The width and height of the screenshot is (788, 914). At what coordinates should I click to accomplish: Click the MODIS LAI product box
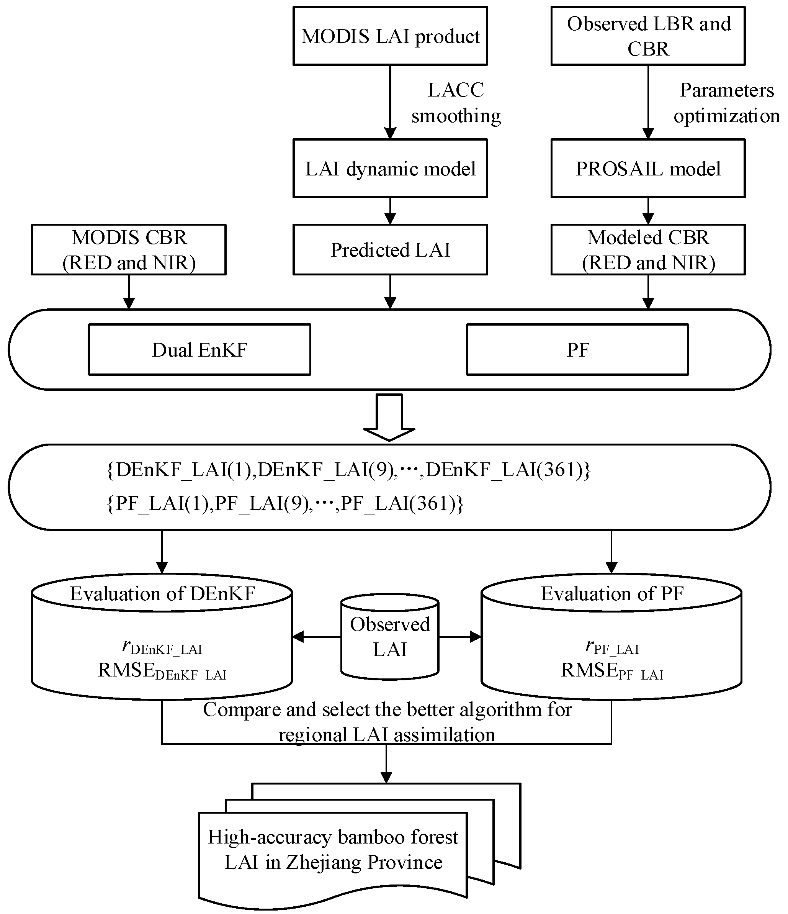(x=390, y=36)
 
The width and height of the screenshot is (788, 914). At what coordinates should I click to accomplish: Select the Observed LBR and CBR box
(x=648, y=36)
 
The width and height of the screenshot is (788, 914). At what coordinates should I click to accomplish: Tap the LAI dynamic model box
(x=390, y=169)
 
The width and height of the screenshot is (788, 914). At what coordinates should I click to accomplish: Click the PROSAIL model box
(x=648, y=169)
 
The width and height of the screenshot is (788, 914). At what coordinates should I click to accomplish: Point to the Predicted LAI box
(x=390, y=250)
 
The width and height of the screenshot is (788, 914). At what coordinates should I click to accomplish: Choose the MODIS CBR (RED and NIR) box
(x=129, y=250)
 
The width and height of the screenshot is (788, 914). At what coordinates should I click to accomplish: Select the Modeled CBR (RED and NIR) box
(x=648, y=250)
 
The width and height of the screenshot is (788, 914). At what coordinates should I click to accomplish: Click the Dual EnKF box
(x=199, y=350)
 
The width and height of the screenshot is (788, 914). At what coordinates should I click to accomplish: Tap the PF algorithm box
(x=577, y=350)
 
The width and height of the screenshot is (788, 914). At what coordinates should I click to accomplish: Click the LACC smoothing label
(x=456, y=103)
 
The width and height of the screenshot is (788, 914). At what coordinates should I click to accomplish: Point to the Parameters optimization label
(x=726, y=103)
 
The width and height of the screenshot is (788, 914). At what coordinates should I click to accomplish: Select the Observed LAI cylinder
(x=390, y=637)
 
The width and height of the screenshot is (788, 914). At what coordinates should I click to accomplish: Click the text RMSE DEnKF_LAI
(x=162, y=672)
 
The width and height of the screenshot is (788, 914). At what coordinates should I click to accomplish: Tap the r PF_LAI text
(x=612, y=647)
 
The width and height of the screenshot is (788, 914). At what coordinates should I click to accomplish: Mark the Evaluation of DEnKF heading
(x=162, y=594)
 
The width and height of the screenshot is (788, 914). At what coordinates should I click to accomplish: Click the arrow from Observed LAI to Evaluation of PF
(x=460, y=637)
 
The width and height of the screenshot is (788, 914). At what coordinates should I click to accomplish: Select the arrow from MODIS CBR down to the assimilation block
(x=129, y=292)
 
